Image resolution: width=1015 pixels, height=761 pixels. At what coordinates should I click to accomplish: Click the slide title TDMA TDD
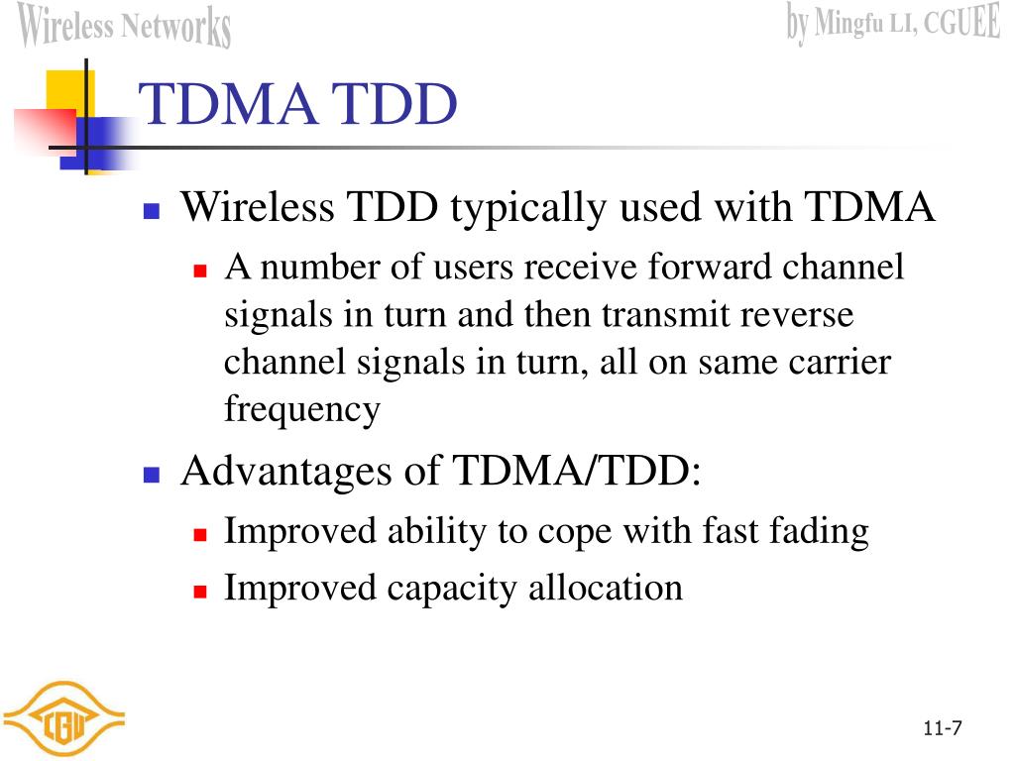point(298,105)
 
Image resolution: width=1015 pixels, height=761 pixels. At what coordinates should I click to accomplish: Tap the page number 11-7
point(942,729)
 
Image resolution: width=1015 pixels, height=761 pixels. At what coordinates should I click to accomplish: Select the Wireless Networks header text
point(125,26)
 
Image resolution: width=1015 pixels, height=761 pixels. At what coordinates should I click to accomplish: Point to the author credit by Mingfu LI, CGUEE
point(893,23)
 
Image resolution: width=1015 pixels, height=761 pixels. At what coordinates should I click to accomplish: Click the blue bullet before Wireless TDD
point(152,211)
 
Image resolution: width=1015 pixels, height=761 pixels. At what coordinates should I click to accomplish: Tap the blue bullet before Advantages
point(152,475)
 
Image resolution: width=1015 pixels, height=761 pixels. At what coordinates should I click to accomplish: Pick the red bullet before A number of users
point(199,270)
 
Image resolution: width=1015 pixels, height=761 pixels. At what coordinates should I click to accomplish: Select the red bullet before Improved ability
point(199,534)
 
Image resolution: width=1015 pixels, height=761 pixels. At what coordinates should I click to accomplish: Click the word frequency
point(301,409)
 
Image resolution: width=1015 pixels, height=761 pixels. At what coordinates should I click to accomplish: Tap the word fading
point(827,532)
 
